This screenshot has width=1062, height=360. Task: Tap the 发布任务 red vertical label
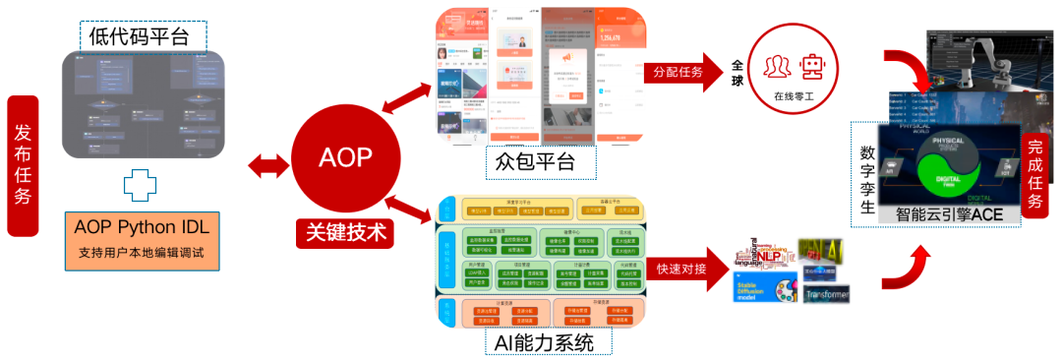(x=22, y=165)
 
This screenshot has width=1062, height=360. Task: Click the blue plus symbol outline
(x=141, y=187)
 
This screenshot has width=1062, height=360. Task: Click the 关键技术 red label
(x=344, y=233)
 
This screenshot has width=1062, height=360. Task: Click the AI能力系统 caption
(x=546, y=343)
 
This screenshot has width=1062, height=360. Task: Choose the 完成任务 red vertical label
(x=1034, y=175)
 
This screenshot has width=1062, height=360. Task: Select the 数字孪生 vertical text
(x=865, y=179)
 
